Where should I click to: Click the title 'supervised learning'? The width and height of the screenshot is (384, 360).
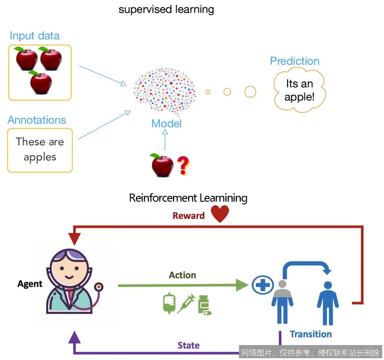tap(166, 9)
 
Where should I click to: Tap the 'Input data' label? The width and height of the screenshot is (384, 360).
tap(34, 36)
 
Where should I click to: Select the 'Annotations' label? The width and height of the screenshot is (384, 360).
tap(37, 120)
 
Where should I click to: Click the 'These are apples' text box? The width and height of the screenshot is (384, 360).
tap(40, 150)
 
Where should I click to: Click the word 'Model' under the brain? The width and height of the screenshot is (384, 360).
tap(166, 123)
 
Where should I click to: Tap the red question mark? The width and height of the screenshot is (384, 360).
tap(183, 166)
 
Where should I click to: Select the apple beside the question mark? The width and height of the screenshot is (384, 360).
tap(162, 165)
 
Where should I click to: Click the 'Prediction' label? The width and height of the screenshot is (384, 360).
tap(295, 61)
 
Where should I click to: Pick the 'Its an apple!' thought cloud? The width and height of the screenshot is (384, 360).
tap(300, 90)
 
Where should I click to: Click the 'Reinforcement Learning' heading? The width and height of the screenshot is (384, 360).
tap(188, 198)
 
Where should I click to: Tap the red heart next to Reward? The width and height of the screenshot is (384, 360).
tap(220, 214)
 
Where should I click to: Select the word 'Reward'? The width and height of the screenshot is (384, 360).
tap(188, 216)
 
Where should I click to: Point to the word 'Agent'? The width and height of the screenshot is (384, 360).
tap(30, 284)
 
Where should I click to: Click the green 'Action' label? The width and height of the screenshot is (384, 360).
tap(183, 275)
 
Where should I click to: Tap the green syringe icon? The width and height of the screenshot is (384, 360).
tap(186, 303)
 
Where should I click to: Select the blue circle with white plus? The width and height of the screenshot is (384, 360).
tap(263, 285)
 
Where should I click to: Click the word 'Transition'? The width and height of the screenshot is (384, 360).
tap(311, 334)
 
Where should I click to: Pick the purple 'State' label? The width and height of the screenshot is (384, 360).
tap(188, 345)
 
